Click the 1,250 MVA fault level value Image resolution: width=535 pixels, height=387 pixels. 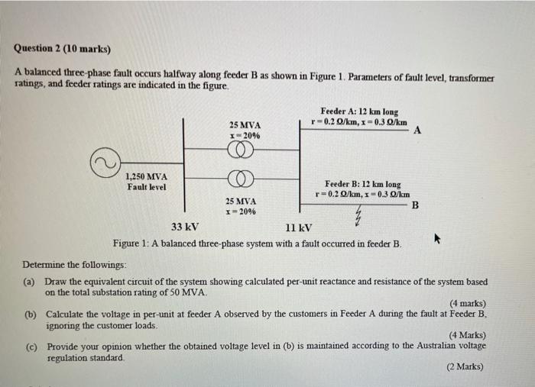(145, 177)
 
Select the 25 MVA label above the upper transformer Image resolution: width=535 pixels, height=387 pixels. (245, 124)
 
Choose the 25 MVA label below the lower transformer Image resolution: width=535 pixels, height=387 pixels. (241, 201)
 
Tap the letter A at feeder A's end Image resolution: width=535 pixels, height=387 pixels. (417, 130)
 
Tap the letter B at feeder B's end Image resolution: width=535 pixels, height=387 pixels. (415, 205)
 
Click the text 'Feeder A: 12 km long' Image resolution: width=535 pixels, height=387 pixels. (359, 111)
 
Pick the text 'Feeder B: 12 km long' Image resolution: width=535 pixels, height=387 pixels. (362, 184)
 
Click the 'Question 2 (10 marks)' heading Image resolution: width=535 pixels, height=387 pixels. (62, 50)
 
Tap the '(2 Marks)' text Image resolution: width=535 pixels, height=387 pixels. (465, 366)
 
